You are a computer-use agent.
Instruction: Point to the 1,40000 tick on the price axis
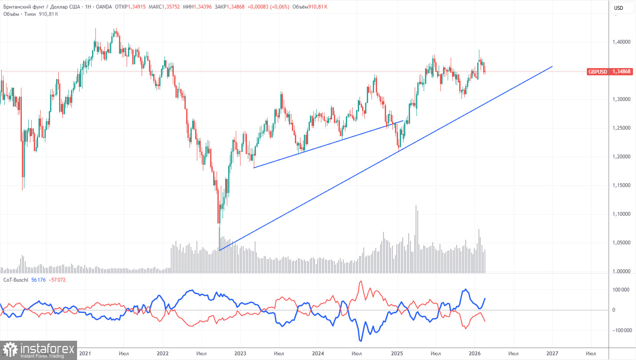click(x=621, y=42)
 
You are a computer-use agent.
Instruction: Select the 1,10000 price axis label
click(x=621, y=214)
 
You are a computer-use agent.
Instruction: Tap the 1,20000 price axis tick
click(x=621, y=157)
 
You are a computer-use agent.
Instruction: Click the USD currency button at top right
click(x=618, y=8)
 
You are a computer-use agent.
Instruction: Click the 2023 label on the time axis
click(x=240, y=354)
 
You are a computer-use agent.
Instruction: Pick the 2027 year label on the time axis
click(x=552, y=354)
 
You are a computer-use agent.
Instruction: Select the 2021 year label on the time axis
click(x=85, y=354)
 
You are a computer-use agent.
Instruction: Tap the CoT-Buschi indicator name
click(x=16, y=280)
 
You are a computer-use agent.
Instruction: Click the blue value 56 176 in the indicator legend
click(x=39, y=280)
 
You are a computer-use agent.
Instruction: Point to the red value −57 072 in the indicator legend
click(x=57, y=280)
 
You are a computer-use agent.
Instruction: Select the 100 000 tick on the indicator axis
click(x=621, y=290)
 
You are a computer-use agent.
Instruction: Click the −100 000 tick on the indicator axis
click(x=620, y=330)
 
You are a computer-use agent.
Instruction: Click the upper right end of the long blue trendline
click(x=552, y=66)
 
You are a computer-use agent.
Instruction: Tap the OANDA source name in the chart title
click(x=104, y=7)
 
